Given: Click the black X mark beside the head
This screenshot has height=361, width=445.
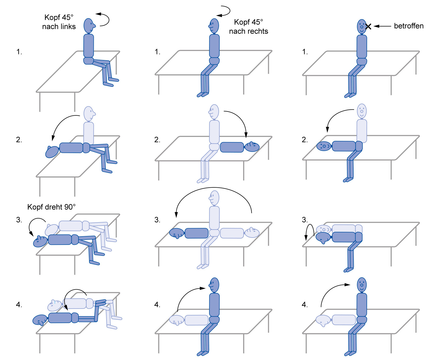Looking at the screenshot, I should tap(368, 26).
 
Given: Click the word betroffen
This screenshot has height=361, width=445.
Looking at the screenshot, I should tap(408, 26).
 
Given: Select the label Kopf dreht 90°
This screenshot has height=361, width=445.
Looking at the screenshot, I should tap(51, 207).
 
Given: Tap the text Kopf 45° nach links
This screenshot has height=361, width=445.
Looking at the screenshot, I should tap(59, 22).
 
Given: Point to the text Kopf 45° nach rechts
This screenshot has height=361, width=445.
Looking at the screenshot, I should tap(248, 27).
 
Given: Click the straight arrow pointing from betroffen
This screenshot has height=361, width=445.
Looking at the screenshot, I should tap(382, 26).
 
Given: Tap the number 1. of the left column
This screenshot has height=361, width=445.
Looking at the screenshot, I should tap(19, 52).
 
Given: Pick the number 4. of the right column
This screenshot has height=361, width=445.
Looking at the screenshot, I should tap(305, 305).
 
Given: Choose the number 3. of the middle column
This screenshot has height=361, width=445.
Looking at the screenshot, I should tap(157, 220).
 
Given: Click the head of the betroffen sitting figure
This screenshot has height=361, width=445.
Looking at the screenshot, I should tap(362, 27).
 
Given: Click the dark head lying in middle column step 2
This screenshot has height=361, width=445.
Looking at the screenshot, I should tap(252, 147).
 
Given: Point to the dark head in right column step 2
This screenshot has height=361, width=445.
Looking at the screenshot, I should tap(324, 146).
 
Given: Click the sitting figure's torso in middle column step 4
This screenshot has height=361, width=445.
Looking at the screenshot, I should tap(214, 305).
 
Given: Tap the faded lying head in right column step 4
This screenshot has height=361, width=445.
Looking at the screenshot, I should tap(323, 320).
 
